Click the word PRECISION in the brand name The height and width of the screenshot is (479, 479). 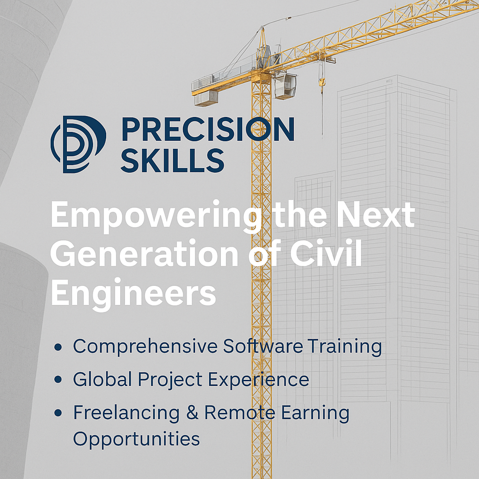click(x=208, y=129)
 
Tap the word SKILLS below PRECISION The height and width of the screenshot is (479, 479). click(x=173, y=160)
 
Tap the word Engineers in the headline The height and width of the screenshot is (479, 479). click(x=133, y=293)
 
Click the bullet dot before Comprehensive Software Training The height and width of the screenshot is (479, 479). click(x=58, y=347)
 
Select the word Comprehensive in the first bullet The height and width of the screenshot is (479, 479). click(x=145, y=347)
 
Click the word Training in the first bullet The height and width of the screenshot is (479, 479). click(x=345, y=347)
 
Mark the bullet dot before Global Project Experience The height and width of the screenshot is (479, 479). click(x=58, y=379)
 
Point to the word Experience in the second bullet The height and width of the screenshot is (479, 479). click(x=258, y=380)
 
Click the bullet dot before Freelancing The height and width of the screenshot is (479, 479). click(x=58, y=413)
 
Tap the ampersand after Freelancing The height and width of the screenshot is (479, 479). click(x=192, y=413)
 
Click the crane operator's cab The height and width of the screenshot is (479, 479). click(x=285, y=86)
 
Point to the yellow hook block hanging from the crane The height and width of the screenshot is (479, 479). click(x=322, y=82)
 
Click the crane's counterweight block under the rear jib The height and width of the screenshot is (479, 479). click(x=206, y=98)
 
